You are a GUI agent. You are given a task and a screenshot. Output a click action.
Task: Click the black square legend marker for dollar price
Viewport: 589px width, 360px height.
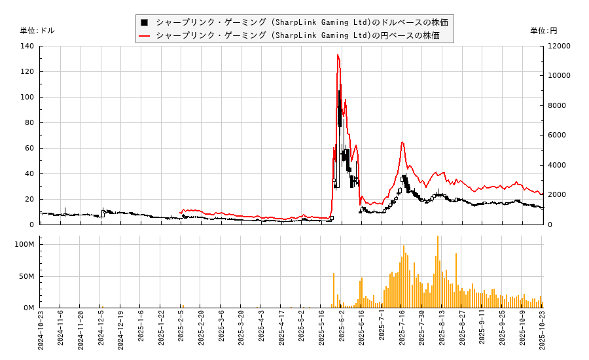point(144,22)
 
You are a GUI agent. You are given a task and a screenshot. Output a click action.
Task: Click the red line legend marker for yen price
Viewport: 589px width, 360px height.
point(144,35)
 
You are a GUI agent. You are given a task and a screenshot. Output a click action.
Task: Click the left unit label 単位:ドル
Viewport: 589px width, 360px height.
point(37,31)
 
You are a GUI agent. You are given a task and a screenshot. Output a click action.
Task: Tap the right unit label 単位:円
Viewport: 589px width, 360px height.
point(543,31)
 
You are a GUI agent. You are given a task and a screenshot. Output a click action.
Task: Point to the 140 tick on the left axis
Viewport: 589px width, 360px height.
point(27,46)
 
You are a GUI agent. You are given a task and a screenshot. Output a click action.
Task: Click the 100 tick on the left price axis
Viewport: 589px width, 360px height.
point(27,98)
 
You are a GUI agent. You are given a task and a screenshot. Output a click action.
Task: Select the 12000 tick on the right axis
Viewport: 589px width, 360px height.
point(560,46)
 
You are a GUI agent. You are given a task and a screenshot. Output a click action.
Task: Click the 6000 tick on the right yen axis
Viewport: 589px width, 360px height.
point(557,135)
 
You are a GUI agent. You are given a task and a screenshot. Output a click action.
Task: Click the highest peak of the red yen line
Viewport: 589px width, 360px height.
point(338,55)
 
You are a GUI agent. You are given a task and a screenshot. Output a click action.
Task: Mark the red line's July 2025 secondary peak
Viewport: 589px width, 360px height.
point(402,142)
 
